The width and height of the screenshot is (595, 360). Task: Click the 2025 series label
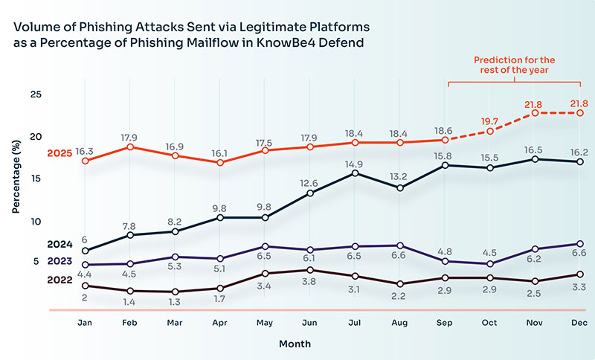pos(59,153)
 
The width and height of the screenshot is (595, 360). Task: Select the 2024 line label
pos(59,244)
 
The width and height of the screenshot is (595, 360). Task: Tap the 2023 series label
pos(59,261)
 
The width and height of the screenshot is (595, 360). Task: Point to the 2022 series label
pos(59,280)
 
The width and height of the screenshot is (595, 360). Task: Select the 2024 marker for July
pos(356,173)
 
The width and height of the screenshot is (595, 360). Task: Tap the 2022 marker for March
pos(176,292)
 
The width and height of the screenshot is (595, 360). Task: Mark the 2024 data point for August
pos(401,187)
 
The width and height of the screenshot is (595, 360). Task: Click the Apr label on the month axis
pos(220,322)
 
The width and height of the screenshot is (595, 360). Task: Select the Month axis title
pos(295,344)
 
